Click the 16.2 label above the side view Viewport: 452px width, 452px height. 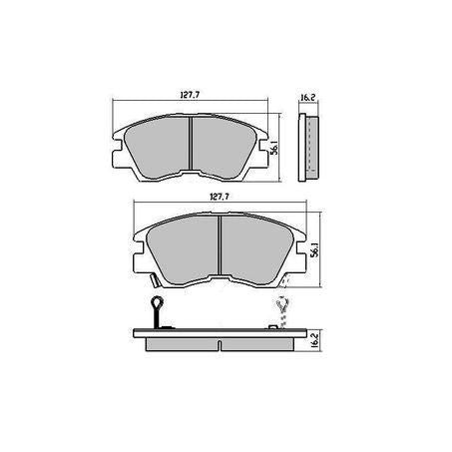point(307,99)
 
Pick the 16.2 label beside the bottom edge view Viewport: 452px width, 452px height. point(314,339)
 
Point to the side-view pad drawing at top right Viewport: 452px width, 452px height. point(309,147)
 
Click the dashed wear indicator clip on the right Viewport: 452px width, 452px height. point(280,311)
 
